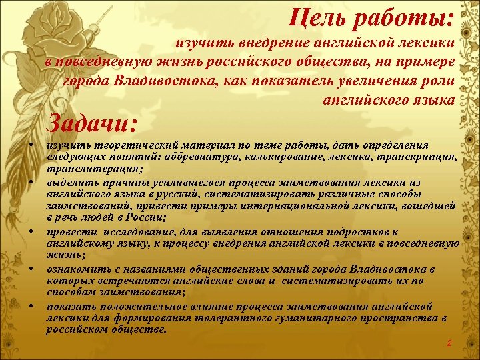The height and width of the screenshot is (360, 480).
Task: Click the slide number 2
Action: point(449,343)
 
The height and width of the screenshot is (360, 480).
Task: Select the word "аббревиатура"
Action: point(191,158)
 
